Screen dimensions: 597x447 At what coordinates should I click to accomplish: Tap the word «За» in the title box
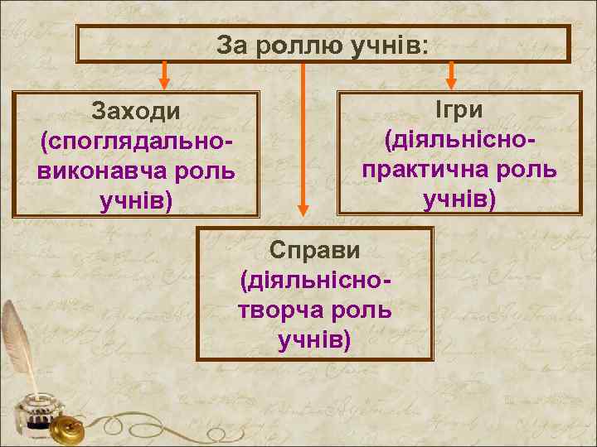point(231,45)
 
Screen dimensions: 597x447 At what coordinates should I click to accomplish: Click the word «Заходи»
point(137,112)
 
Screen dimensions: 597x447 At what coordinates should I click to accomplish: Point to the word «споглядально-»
point(137,142)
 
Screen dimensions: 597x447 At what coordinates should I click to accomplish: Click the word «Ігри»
point(459,111)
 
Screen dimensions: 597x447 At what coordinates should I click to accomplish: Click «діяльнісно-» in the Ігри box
point(459,141)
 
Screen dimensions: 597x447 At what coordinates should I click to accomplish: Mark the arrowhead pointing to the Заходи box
point(164,82)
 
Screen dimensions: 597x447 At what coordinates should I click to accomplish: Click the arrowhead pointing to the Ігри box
point(451,81)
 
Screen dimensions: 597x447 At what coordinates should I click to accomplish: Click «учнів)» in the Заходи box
point(137,201)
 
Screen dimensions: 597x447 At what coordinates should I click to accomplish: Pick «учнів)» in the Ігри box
point(459,199)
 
